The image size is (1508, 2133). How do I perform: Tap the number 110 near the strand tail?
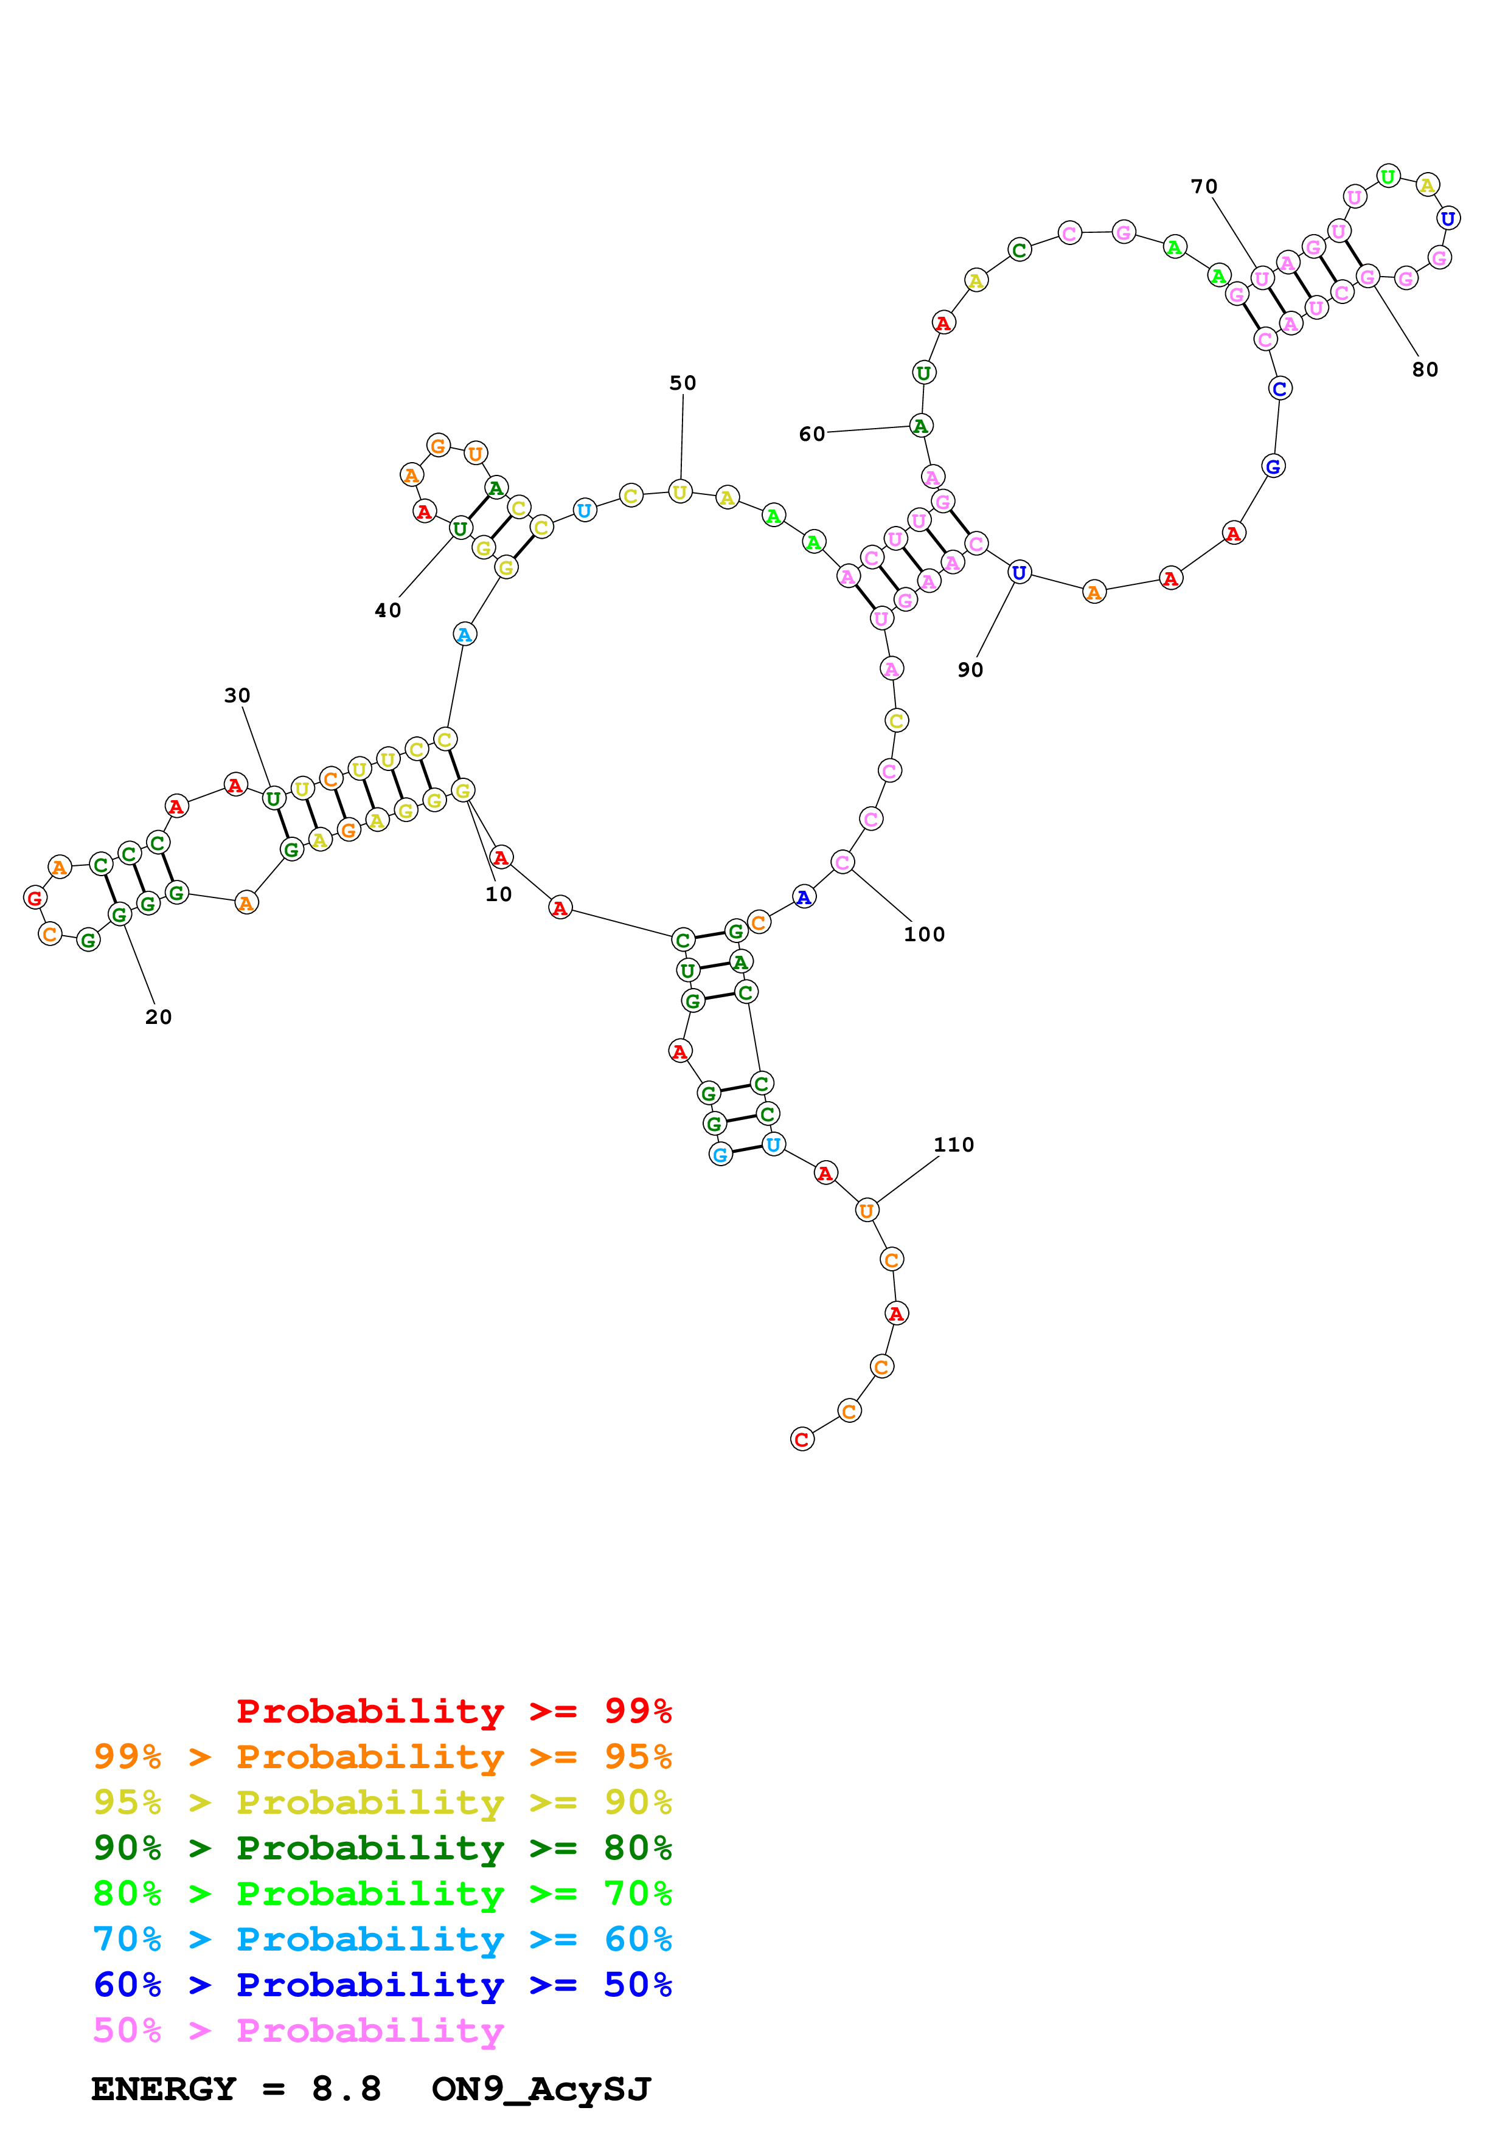click(x=953, y=1144)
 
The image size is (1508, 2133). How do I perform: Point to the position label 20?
click(x=158, y=1016)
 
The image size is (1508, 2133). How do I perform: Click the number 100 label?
click(x=923, y=934)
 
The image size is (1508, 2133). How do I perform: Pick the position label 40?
click(x=387, y=610)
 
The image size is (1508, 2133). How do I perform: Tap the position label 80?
click(x=1425, y=370)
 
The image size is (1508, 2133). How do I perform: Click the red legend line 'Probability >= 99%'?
click(x=453, y=1710)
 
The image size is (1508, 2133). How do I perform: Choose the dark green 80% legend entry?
click(x=382, y=1848)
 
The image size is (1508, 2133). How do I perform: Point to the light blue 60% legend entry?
click(x=382, y=1939)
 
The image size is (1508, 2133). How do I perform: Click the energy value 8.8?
click(x=346, y=2089)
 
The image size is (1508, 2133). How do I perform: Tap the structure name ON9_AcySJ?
click(x=541, y=2089)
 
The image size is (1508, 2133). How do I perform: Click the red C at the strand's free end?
click(x=802, y=1439)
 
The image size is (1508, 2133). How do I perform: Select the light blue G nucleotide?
click(x=720, y=1155)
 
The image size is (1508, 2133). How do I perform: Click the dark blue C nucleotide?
click(x=1279, y=389)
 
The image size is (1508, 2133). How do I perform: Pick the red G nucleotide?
click(x=35, y=897)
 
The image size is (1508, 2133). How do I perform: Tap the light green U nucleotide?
click(x=1387, y=176)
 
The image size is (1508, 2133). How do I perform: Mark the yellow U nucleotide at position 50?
click(x=680, y=491)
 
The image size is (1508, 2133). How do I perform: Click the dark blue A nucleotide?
click(x=804, y=896)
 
